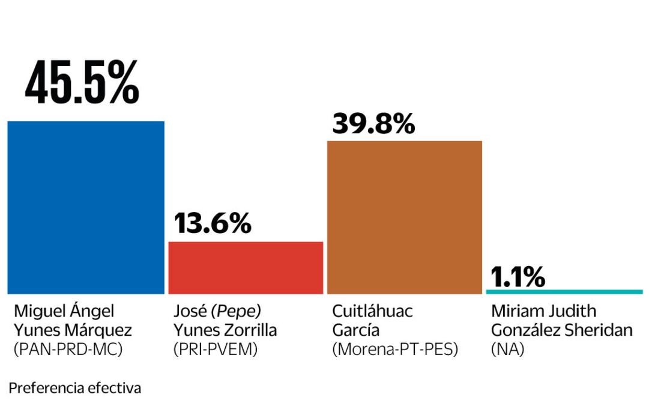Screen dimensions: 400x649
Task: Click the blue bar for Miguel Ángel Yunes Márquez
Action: coord(86,207)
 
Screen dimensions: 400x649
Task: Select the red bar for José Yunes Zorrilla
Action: coord(246,268)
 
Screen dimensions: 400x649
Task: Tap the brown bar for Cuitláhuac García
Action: coord(404,217)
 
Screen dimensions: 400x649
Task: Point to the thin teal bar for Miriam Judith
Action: coord(564,292)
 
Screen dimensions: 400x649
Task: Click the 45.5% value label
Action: coord(82,82)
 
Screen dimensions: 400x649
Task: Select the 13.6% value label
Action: coord(213,223)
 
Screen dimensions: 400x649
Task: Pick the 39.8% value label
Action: coord(373,124)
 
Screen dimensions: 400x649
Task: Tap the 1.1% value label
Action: coord(518,277)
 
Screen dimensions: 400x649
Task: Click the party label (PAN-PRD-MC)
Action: coord(68,350)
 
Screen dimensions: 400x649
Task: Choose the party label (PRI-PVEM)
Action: coord(216,350)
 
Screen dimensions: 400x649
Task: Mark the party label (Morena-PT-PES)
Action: coord(394,350)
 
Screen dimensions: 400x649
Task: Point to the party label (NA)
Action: coord(507,350)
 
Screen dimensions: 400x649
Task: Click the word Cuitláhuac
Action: coord(372,311)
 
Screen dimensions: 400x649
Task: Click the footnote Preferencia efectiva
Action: coord(75,388)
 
